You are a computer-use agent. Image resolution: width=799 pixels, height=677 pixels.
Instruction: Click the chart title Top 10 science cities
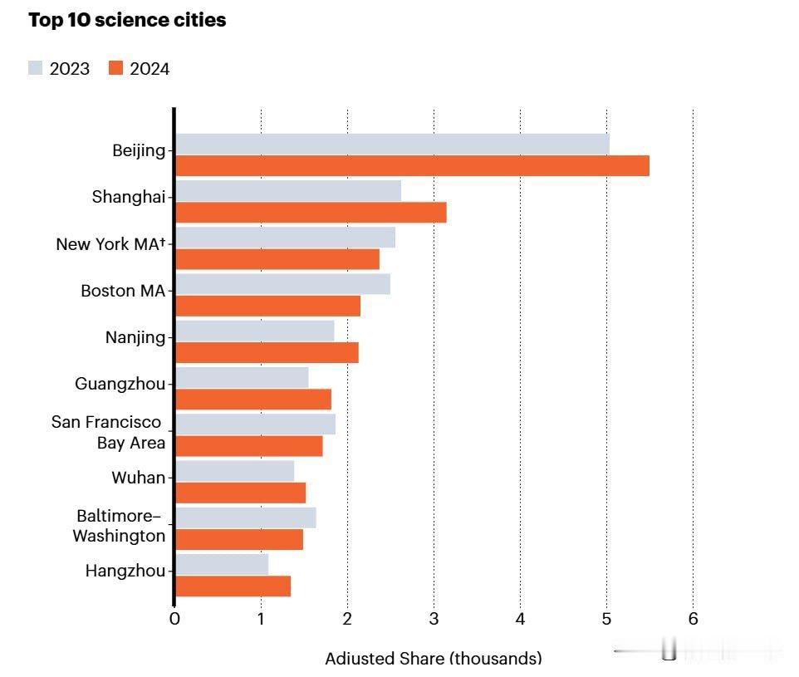click(x=127, y=21)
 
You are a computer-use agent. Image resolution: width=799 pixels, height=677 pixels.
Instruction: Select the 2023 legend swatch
click(x=35, y=68)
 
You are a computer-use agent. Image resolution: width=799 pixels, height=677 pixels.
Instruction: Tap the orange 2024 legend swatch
click(x=115, y=68)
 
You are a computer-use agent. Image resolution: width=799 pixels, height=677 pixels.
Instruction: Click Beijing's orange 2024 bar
click(x=412, y=165)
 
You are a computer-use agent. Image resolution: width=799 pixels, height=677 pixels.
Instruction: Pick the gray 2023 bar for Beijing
click(x=392, y=144)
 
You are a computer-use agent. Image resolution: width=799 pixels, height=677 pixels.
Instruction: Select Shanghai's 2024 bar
click(x=311, y=212)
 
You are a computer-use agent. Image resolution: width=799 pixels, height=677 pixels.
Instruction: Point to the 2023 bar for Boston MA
click(x=282, y=284)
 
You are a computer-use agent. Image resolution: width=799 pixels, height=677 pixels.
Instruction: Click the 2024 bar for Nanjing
click(x=267, y=352)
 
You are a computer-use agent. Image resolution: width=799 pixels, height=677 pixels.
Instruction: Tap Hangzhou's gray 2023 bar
click(x=222, y=565)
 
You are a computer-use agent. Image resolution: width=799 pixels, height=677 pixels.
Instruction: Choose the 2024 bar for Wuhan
click(x=240, y=493)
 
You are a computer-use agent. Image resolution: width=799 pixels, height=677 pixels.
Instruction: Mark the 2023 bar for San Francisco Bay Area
click(x=255, y=424)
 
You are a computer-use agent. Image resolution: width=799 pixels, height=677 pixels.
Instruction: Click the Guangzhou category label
click(x=120, y=384)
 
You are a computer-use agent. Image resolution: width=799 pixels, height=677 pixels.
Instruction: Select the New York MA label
click(x=110, y=244)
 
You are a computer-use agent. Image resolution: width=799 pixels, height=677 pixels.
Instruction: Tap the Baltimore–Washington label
click(x=119, y=526)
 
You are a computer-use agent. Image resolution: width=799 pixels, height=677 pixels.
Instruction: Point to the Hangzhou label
click(x=125, y=571)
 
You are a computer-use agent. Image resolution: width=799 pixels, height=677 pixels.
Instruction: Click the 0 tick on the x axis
click(x=174, y=619)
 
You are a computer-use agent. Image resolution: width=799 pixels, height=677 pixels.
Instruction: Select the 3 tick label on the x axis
click(x=434, y=619)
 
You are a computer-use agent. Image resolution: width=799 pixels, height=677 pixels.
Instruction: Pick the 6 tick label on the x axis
click(x=693, y=619)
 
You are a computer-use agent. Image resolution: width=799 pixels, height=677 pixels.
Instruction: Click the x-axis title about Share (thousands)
click(x=433, y=659)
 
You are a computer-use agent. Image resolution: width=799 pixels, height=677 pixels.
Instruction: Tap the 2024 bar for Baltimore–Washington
click(x=239, y=539)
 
